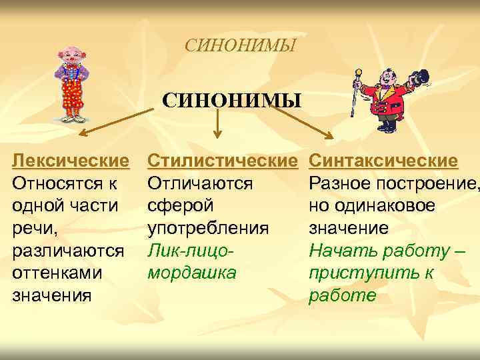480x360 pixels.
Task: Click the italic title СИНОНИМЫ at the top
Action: coord(240,46)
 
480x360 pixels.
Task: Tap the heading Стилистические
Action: coord(223,161)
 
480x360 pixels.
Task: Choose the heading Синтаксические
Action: coord(384,161)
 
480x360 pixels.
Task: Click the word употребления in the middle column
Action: coord(208,229)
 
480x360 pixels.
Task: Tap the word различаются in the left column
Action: coord(69,251)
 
